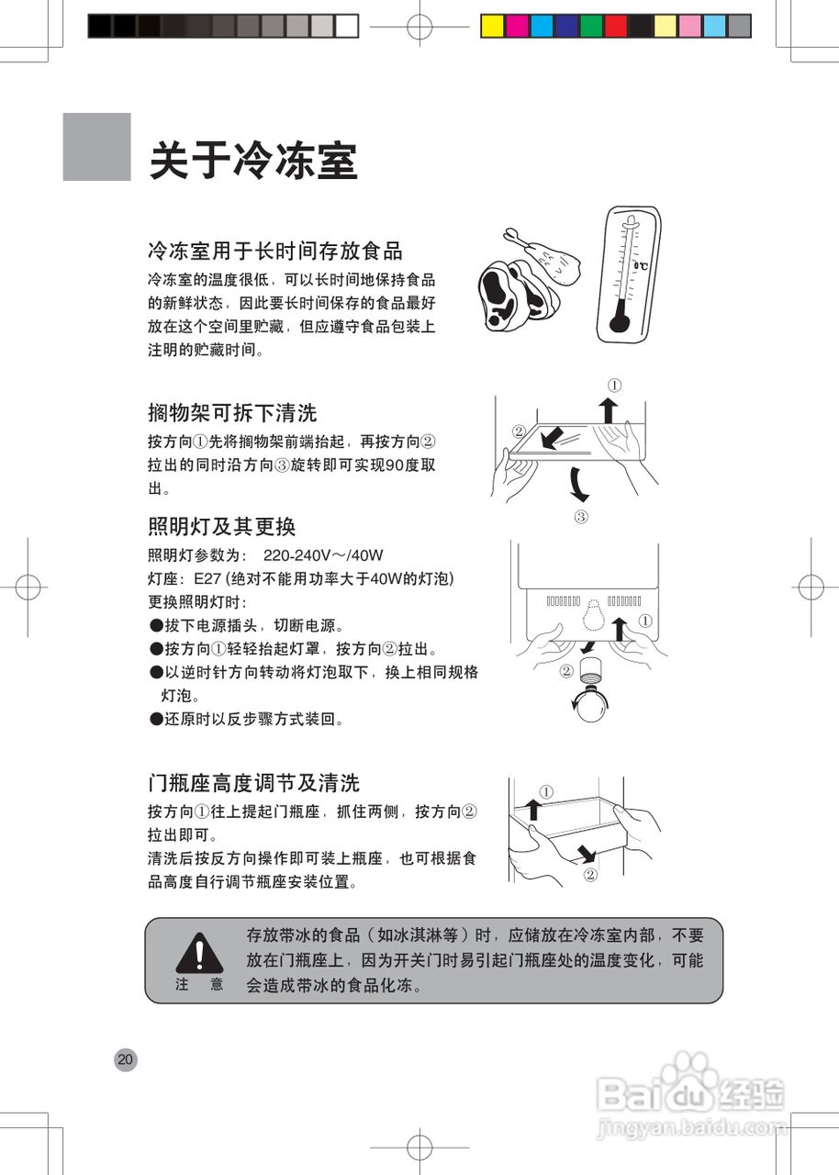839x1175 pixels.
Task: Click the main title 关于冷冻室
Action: coord(252,161)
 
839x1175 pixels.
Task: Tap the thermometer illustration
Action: coord(631,274)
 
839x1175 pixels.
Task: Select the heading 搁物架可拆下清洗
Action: coord(232,412)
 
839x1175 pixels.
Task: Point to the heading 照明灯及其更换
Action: coord(221,527)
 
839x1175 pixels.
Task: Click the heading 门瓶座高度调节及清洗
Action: coord(253,783)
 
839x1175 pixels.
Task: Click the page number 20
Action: coord(125,1060)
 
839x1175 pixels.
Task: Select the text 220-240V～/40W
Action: coord(322,555)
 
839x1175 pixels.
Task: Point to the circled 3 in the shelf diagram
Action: coord(580,517)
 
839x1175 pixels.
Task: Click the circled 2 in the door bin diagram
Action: coord(590,875)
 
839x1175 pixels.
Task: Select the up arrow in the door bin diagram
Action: coord(533,809)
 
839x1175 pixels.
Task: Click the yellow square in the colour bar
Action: coord(493,27)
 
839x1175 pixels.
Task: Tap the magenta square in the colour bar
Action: coord(518,27)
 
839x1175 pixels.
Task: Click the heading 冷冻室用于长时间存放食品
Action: coord(275,250)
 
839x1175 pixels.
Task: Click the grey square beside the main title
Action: coord(96,147)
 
